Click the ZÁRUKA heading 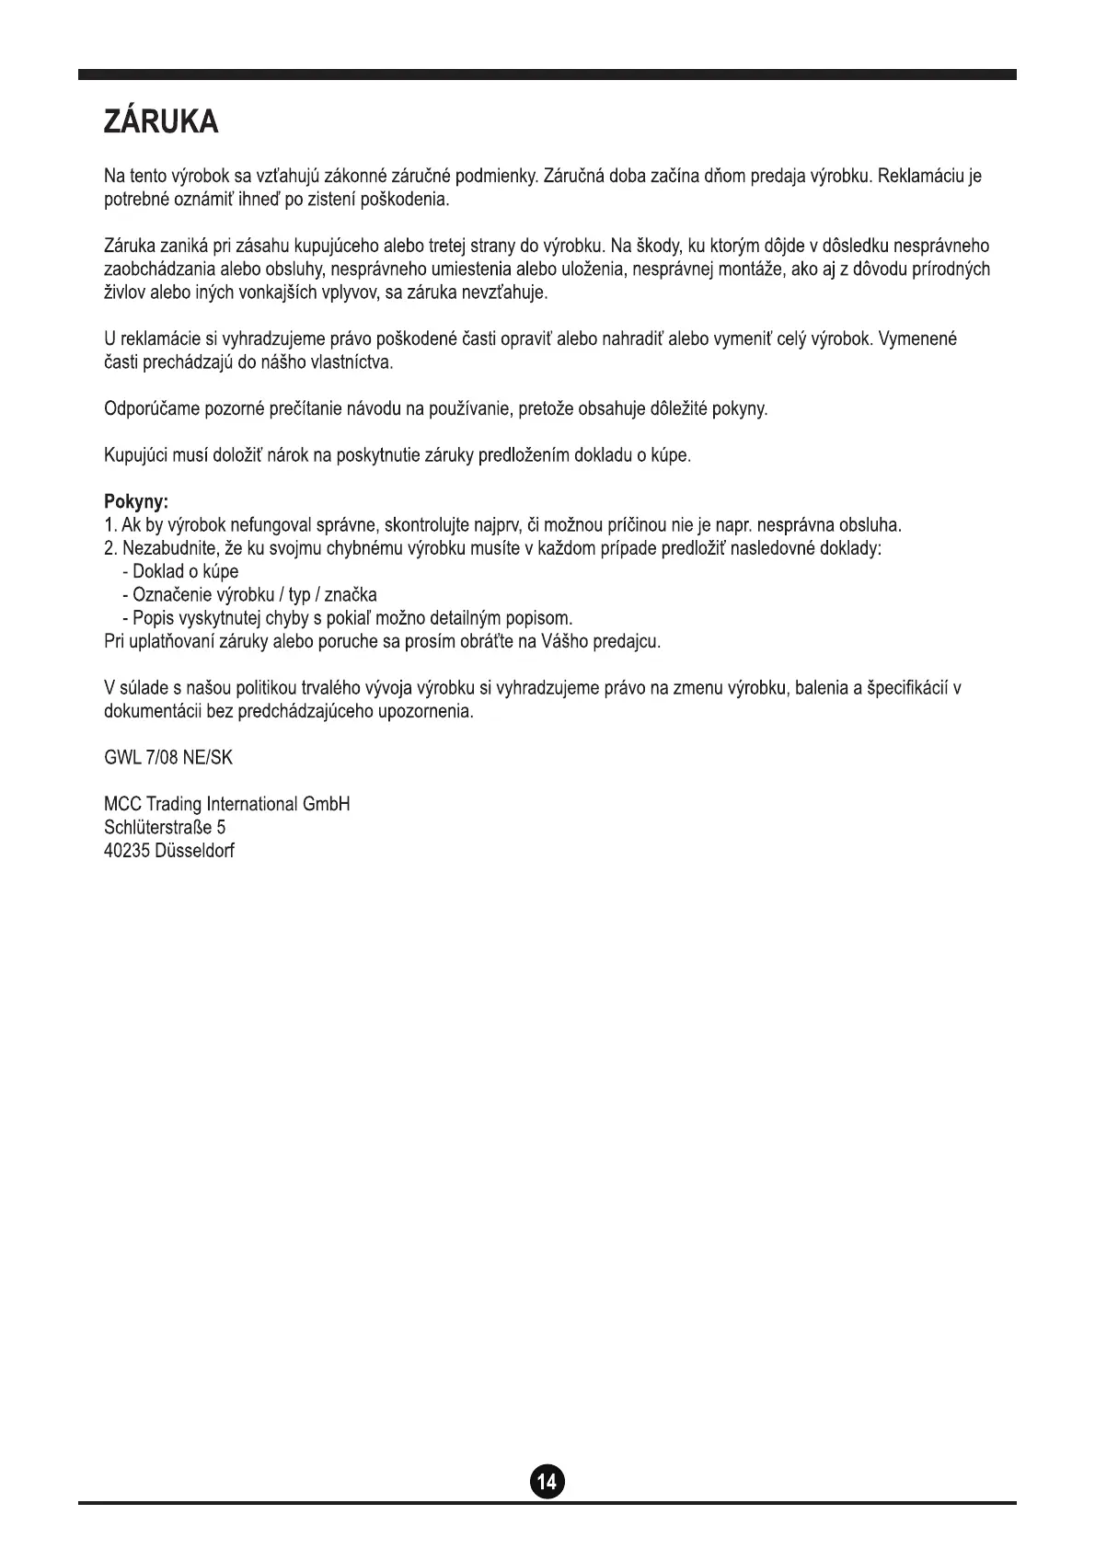point(161,122)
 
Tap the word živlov point(123,293)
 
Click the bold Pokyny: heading point(136,502)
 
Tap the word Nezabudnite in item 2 point(169,548)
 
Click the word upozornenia point(426,712)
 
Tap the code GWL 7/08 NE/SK point(168,758)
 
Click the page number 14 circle point(547,1482)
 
